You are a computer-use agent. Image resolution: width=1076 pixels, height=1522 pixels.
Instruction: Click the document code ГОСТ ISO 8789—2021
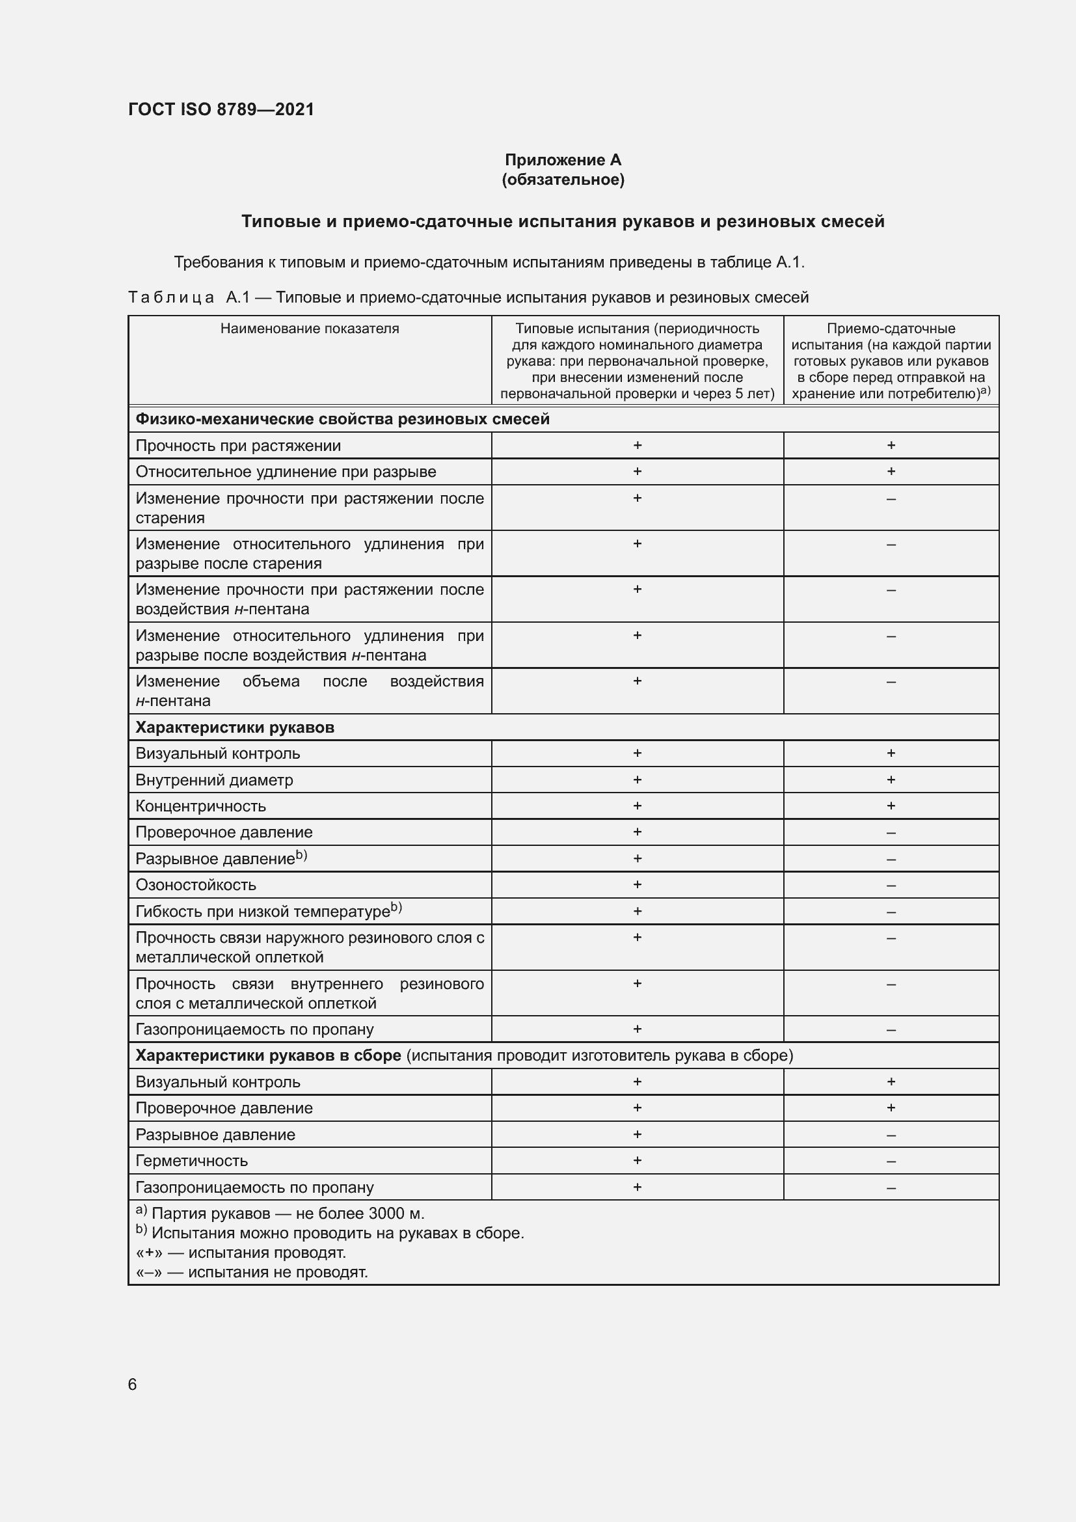(x=221, y=109)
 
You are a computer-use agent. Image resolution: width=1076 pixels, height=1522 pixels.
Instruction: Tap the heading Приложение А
(x=563, y=160)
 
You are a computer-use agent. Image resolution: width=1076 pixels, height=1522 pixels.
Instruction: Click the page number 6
(x=133, y=1384)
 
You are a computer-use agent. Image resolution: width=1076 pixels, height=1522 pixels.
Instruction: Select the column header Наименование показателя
(x=310, y=329)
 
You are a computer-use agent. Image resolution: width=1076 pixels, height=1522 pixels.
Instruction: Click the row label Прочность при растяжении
(x=238, y=446)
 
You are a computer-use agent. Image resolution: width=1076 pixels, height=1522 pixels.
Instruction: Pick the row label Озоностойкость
(x=195, y=885)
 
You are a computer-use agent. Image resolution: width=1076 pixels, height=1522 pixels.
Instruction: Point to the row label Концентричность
(x=201, y=806)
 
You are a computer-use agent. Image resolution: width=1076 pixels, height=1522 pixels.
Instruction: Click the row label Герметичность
(x=191, y=1161)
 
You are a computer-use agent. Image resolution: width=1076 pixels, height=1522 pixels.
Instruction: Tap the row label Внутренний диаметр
(x=214, y=780)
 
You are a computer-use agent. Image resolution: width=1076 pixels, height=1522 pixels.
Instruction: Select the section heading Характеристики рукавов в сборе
(x=268, y=1055)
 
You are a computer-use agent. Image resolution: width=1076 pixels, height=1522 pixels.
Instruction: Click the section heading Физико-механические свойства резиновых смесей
(x=343, y=419)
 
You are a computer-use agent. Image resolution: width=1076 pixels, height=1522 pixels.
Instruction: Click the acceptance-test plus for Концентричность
(x=891, y=806)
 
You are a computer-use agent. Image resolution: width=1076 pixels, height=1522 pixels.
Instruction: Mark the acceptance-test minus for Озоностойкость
(x=891, y=886)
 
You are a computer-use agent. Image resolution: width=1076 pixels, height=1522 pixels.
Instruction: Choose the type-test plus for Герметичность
(x=637, y=1161)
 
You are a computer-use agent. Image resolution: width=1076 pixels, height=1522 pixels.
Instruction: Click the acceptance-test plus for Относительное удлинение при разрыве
(x=891, y=471)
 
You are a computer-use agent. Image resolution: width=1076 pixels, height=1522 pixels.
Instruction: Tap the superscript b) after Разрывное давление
(x=301, y=856)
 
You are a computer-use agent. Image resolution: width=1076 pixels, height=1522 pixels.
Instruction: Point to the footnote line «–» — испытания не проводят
(x=252, y=1272)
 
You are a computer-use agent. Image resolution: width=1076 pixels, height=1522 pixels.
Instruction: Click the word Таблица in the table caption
(x=171, y=297)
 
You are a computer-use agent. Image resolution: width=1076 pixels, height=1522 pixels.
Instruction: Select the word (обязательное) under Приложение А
(x=563, y=180)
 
